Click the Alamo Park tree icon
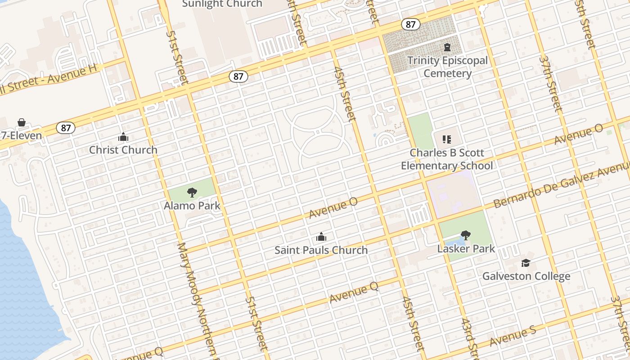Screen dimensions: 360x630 192,193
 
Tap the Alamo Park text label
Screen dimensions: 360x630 192,206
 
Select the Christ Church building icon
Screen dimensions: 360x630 123,137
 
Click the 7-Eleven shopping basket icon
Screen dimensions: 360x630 21,122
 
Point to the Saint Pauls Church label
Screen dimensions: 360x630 321,250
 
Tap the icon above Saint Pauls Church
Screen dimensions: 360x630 321,237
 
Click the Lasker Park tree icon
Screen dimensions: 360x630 466,235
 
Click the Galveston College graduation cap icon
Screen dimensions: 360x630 526,263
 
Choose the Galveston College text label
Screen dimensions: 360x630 526,276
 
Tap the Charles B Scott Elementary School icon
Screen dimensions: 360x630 446,139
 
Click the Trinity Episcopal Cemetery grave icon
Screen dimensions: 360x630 447,47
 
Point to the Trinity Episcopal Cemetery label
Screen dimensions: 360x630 447,67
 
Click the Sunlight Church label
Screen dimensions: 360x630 222,4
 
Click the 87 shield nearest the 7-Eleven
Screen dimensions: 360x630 66,128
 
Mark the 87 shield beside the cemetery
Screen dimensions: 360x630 410,24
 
